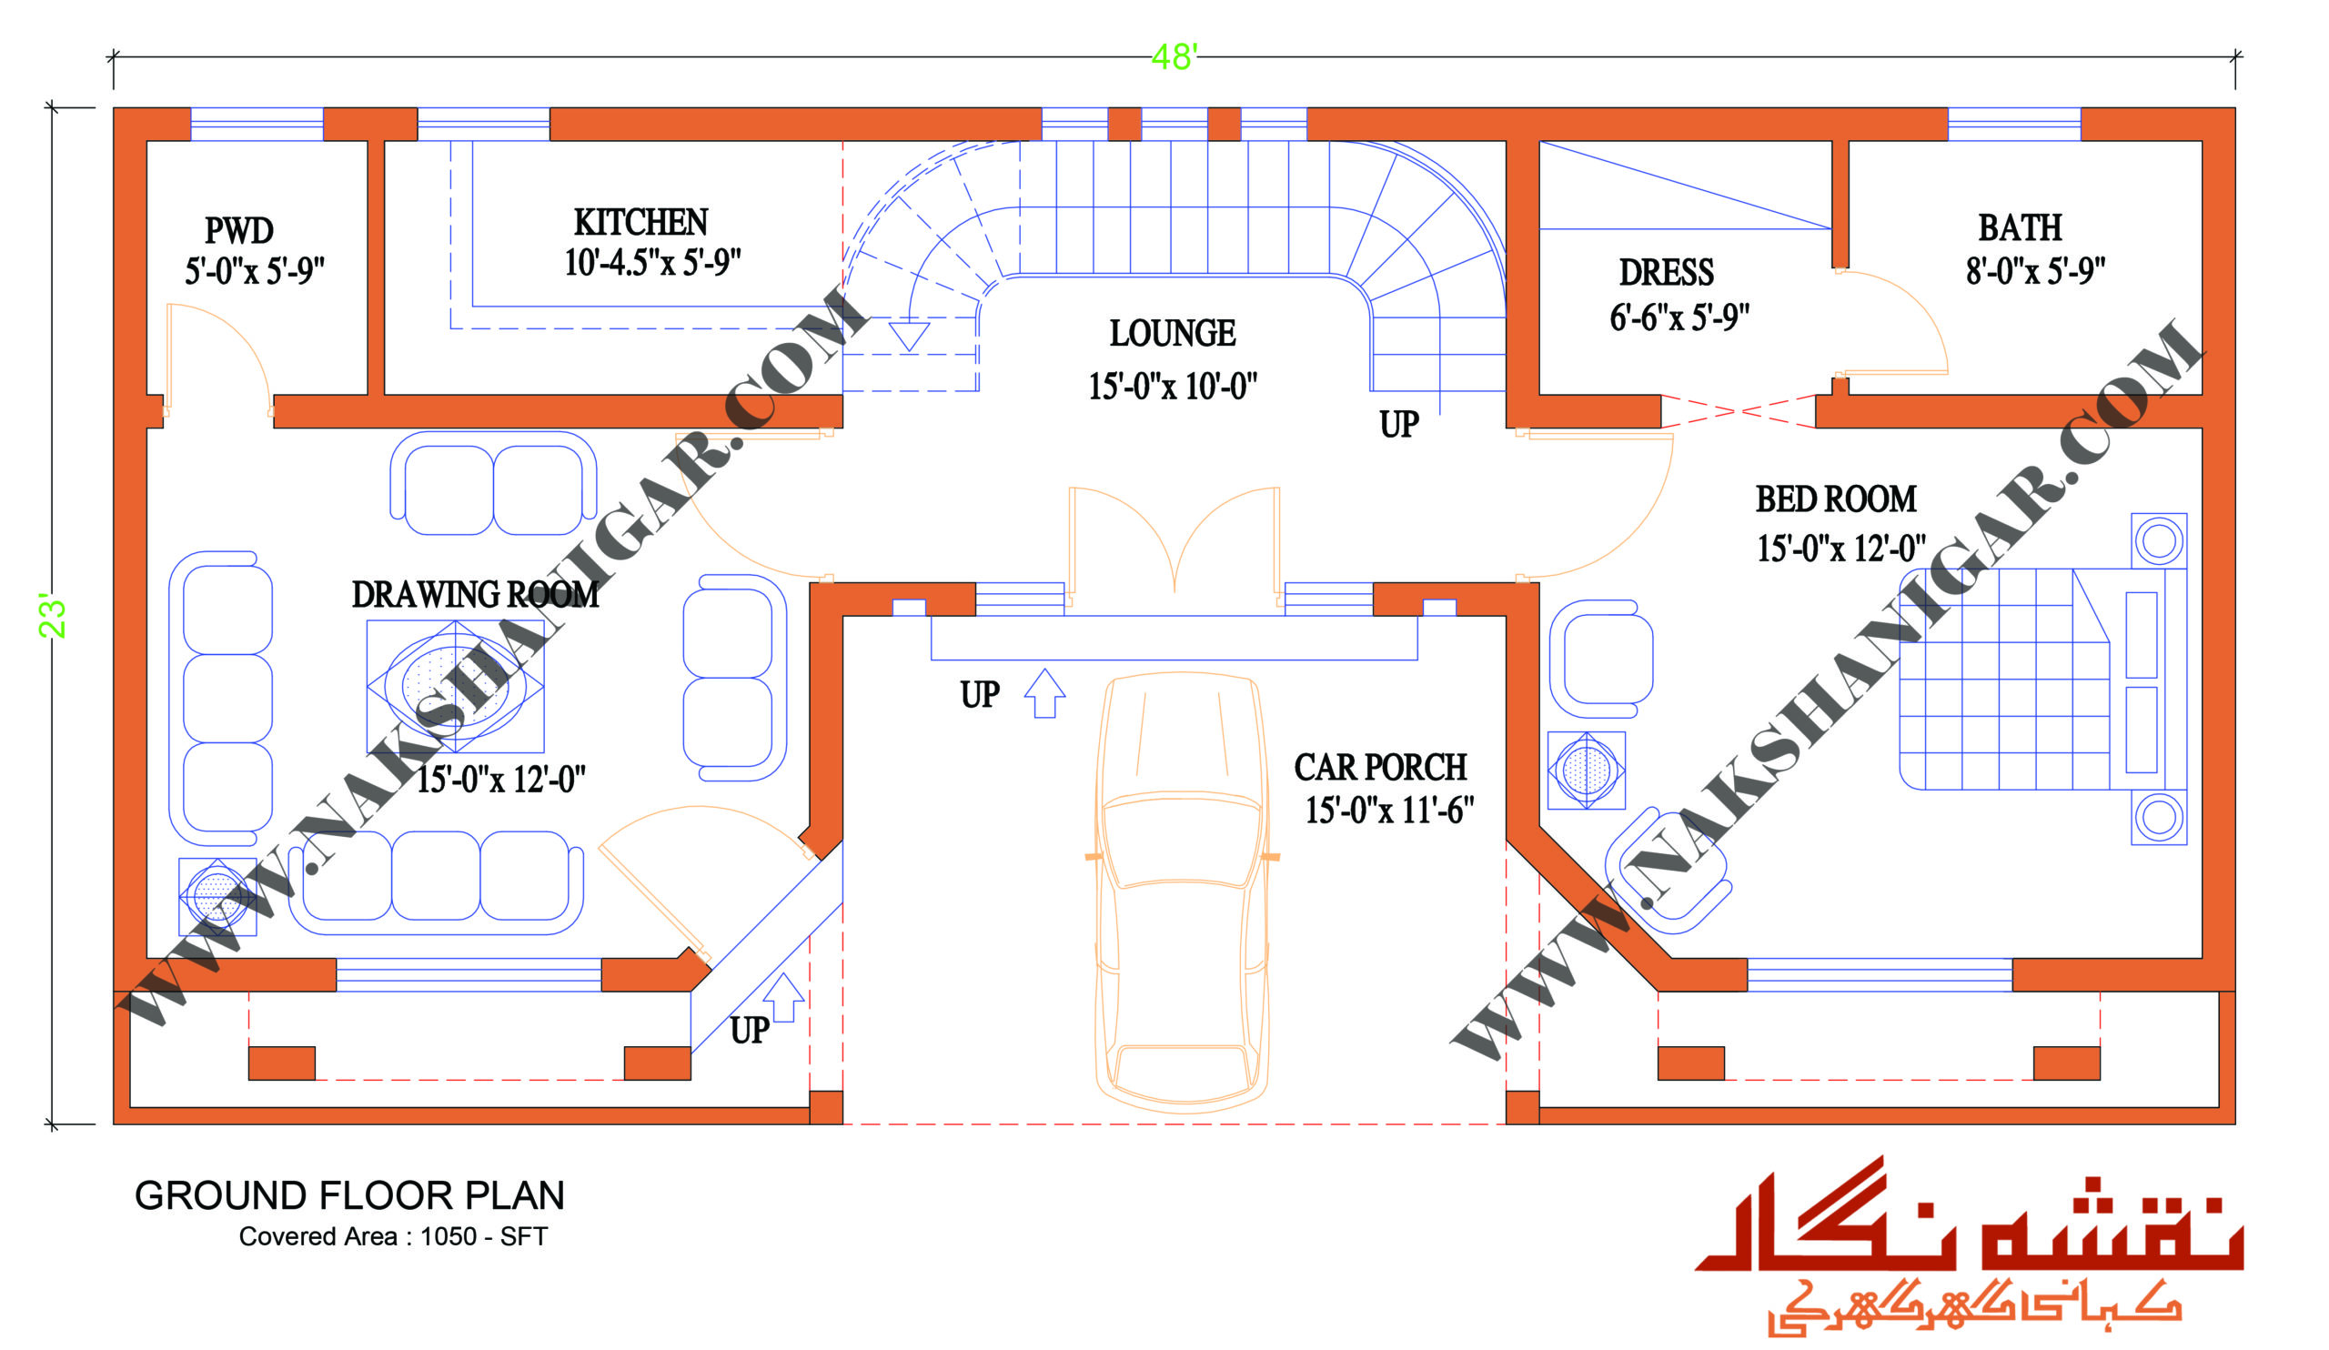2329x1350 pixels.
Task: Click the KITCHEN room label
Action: (x=640, y=223)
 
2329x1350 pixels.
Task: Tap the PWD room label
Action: (x=238, y=230)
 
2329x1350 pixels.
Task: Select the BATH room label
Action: (x=2020, y=227)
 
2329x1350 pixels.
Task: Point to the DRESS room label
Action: (x=1666, y=273)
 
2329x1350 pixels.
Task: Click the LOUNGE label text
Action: (x=1172, y=334)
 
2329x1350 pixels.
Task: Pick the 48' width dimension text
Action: (x=1174, y=57)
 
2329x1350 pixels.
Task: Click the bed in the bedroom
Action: (x=2042, y=680)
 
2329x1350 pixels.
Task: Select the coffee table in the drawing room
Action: (x=456, y=686)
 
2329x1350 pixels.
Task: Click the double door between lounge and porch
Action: (x=1174, y=545)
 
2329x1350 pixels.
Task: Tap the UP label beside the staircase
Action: (x=1398, y=424)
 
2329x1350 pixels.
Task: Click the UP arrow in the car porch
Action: (x=1045, y=693)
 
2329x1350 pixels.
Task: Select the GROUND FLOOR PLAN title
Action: (x=349, y=1195)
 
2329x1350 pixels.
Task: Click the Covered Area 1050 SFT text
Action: (x=394, y=1236)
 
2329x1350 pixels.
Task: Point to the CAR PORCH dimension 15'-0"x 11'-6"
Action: (x=1388, y=810)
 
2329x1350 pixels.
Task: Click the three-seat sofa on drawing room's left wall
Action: (x=221, y=699)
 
